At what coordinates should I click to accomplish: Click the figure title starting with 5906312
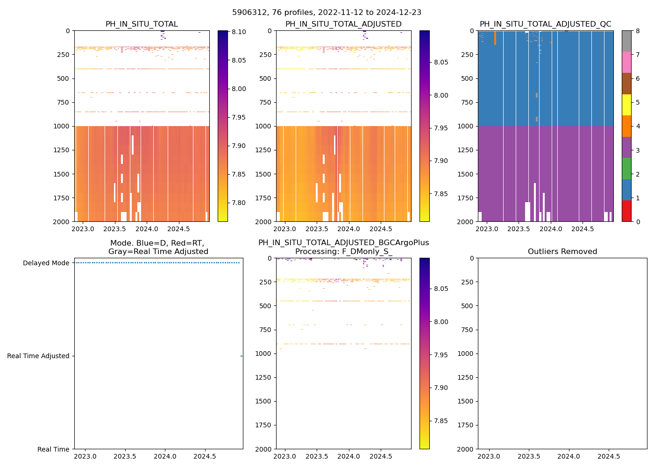(327, 13)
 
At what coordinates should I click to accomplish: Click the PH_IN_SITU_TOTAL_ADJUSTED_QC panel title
(545, 24)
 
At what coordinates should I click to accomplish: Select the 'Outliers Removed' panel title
(562, 252)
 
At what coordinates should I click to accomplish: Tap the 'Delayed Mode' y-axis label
(46, 263)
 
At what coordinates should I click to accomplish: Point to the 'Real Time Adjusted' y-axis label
(38, 356)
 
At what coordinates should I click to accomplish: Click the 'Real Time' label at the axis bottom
(53, 449)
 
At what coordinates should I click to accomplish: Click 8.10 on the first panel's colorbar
(239, 32)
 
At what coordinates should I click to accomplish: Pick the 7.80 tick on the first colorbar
(239, 203)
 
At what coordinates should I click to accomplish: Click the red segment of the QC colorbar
(626, 211)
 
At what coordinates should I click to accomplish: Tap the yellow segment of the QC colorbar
(626, 105)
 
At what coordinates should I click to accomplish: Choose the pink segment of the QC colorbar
(626, 62)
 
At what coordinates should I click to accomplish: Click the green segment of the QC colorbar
(626, 168)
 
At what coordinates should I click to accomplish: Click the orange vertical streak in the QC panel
(495, 38)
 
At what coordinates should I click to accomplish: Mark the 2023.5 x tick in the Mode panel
(125, 456)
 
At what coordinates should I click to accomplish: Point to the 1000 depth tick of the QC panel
(467, 126)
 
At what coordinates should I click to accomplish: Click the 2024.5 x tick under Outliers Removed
(609, 456)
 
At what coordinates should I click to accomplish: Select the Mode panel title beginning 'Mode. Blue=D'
(158, 247)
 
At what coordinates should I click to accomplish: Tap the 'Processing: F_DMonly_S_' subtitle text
(343, 252)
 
